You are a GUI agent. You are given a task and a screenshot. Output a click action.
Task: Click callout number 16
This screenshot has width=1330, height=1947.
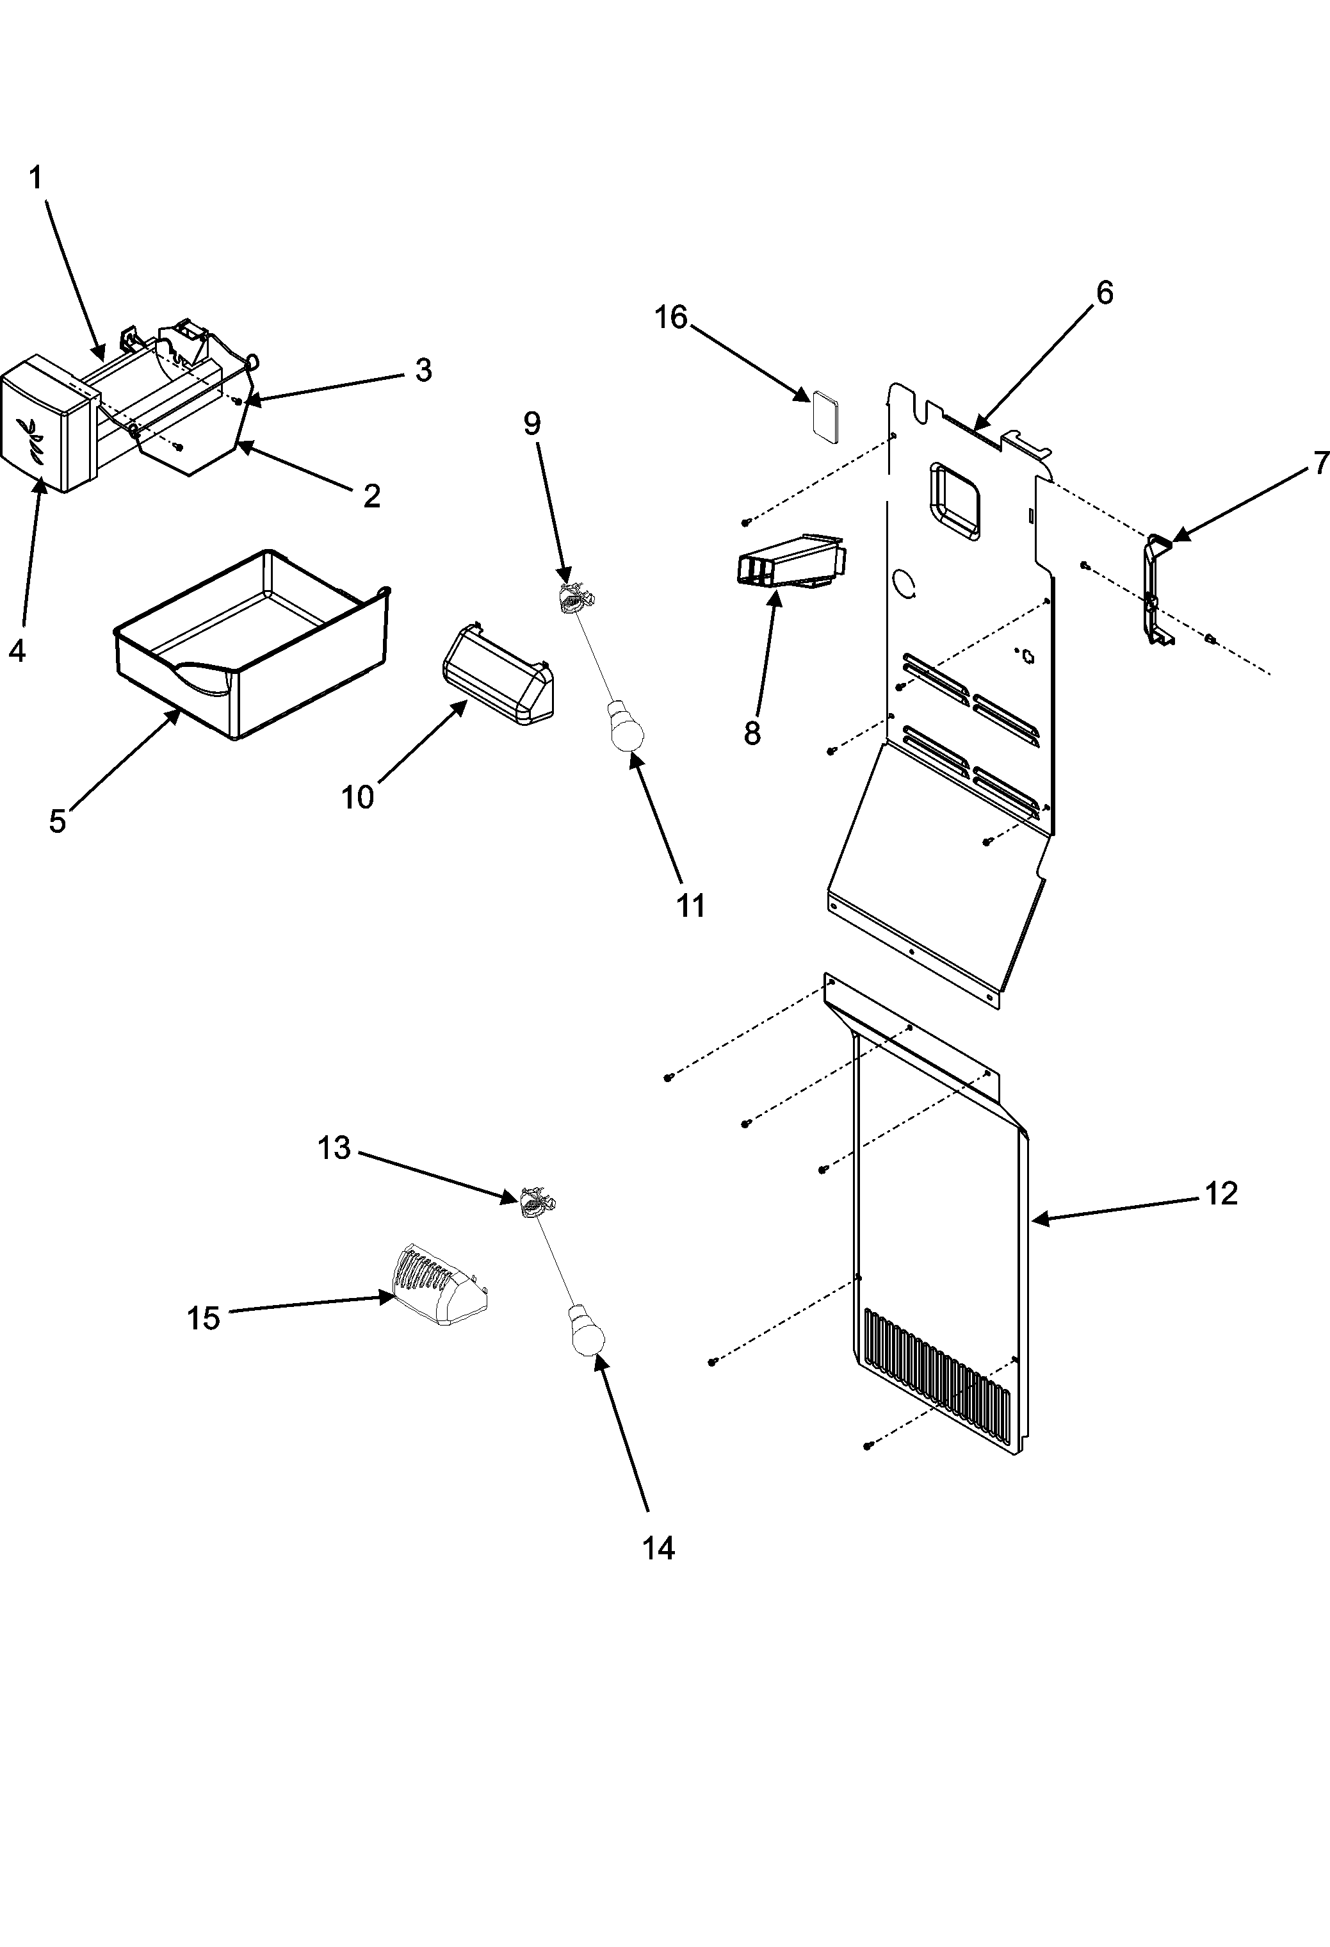coord(670,318)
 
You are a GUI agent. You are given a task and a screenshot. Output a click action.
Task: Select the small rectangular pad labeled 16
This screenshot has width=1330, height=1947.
coord(824,412)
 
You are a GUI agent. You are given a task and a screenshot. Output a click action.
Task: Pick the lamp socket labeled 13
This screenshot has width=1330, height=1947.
coord(533,1204)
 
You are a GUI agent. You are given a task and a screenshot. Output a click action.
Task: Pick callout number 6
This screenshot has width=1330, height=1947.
coord(1104,293)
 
